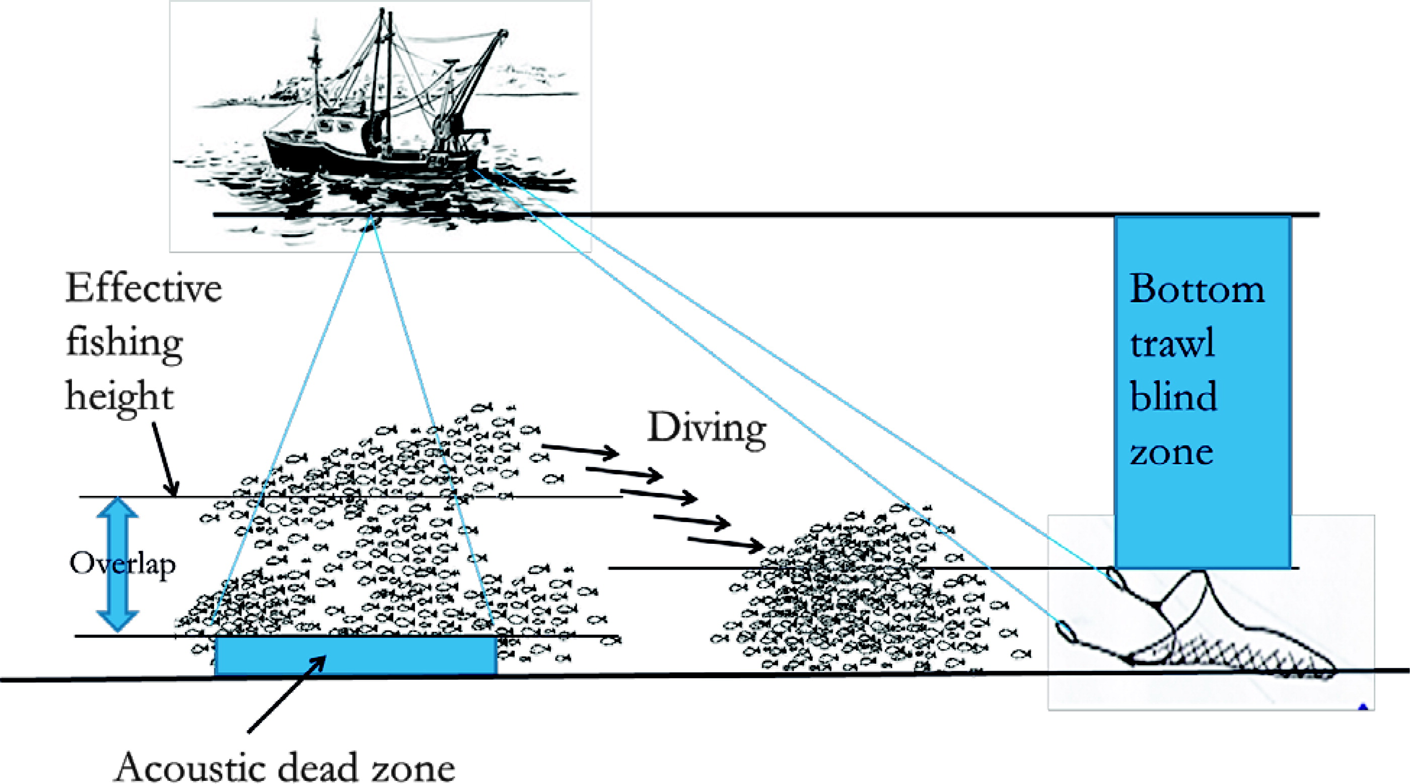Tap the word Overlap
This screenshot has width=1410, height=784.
[x=122, y=563]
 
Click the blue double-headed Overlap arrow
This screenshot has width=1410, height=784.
[x=117, y=515]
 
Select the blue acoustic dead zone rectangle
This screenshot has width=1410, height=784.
[x=356, y=655]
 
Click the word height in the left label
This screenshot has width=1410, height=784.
[x=119, y=397]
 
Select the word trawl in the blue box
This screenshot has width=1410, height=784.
[x=1172, y=343]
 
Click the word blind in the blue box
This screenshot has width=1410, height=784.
[x=1173, y=397]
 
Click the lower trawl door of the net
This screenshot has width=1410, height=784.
[x=1066, y=631]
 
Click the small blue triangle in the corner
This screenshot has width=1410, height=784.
[x=1363, y=706]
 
